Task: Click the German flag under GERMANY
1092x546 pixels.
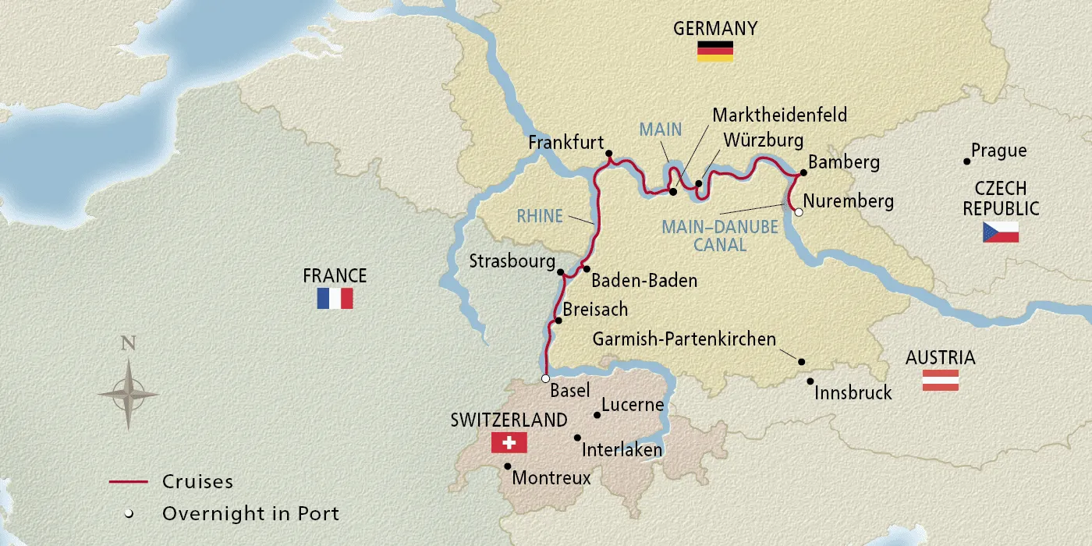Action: point(715,51)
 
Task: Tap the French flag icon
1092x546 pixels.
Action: point(335,298)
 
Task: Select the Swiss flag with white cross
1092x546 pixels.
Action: point(509,443)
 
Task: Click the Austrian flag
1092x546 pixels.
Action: point(940,381)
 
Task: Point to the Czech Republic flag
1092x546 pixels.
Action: point(1001,232)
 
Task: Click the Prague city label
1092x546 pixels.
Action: point(999,151)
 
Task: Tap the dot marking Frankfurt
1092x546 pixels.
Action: point(608,154)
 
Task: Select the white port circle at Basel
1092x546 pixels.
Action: point(545,378)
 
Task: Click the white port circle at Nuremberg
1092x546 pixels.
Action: point(798,211)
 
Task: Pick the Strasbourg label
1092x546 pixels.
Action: point(512,261)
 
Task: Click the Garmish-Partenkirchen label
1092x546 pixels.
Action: point(684,339)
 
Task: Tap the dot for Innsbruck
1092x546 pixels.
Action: point(810,381)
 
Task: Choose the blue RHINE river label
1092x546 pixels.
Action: point(540,216)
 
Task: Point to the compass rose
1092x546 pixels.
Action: point(128,394)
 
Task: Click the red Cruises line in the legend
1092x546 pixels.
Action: point(128,482)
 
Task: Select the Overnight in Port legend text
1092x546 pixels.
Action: point(250,513)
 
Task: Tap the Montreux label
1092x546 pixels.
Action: point(551,477)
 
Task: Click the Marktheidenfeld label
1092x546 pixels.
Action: point(779,115)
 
